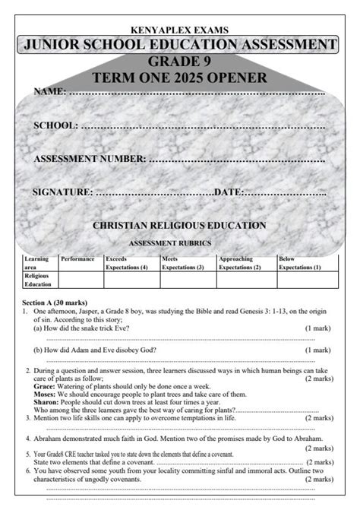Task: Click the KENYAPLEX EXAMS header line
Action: click(x=180, y=30)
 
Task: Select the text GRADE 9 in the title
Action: click(x=179, y=62)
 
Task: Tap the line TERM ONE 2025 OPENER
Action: click(x=179, y=78)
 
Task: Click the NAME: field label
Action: click(x=50, y=92)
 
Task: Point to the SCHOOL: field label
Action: click(x=55, y=125)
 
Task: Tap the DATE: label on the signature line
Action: click(x=228, y=192)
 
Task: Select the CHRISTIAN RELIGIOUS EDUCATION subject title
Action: click(x=179, y=226)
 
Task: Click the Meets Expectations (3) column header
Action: click(x=183, y=263)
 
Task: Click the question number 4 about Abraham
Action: click(x=27, y=439)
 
